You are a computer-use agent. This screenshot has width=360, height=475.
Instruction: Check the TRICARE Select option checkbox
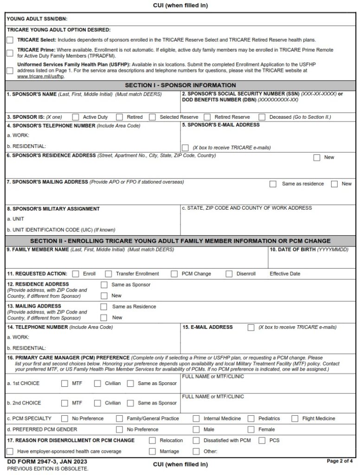(x=10, y=40)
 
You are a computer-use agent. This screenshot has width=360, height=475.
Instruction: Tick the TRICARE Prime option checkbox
(x=10, y=52)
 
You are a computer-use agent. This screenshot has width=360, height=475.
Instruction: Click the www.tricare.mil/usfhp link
(x=40, y=77)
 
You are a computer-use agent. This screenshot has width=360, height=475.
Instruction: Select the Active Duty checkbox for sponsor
(x=76, y=117)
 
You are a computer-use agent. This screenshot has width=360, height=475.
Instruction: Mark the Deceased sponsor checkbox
(x=262, y=117)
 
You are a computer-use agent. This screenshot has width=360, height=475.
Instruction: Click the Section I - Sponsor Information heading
(x=180, y=85)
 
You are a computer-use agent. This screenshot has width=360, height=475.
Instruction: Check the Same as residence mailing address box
(x=273, y=184)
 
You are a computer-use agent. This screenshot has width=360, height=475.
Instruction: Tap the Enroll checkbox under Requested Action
(x=76, y=274)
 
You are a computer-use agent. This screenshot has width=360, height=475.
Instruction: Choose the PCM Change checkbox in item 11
(x=174, y=274)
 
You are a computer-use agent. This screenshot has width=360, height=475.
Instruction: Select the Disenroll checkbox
(x=229, y=274)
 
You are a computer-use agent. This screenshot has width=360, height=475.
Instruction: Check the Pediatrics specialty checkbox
(x=251, y=418)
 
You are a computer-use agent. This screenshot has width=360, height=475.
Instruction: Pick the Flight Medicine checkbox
(x=295, y=418)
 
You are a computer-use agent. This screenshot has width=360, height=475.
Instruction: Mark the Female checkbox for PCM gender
(x=251, y=430)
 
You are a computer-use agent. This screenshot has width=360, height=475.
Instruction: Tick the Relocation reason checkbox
(x=152, y=440)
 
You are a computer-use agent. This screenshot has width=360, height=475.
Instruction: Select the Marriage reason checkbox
(x=152, y=451)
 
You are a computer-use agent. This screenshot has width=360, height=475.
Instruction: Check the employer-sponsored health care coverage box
(x=10, y=451)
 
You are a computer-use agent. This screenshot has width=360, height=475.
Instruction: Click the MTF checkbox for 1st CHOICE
(x=64, y=384)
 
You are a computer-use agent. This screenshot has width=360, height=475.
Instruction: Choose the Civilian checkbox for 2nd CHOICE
(x=97, y=403)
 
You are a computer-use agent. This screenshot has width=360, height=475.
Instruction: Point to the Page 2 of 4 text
(x=340, y=461)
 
